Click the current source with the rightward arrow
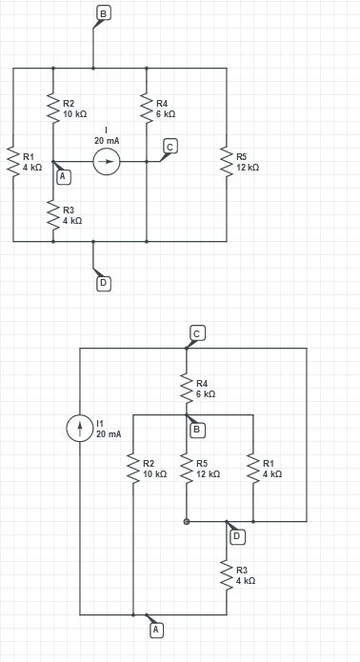tap(107, 162)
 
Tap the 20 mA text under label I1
tap(109, 434)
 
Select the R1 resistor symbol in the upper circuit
tap(13, 162)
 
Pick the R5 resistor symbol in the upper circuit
tap(227, 162)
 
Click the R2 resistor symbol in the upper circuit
tap(53, 109)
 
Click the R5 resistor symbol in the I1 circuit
tap(187, 468)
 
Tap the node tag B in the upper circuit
tap(103, 12)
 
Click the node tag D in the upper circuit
tap(103, 282)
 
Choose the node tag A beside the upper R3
tap(63, 176)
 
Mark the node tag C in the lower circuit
tap(196, 333)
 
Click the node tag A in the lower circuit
tap(156, 630)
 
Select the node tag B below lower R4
tap(197, 430)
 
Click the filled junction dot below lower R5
tap(187, 522)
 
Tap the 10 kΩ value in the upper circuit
tap(74, 113)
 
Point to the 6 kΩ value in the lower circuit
tap(206, 393)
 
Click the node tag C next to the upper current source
tap(170, 146)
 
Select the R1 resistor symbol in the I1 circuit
tap(253, 468)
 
